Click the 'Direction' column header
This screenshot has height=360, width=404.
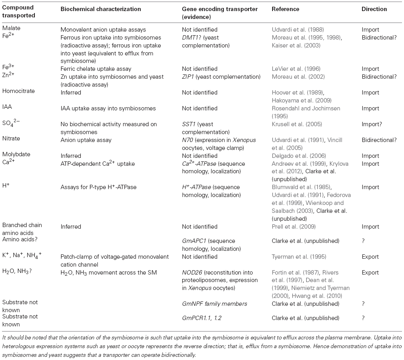tap(374, 9)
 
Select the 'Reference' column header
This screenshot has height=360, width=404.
tap(285, 9)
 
